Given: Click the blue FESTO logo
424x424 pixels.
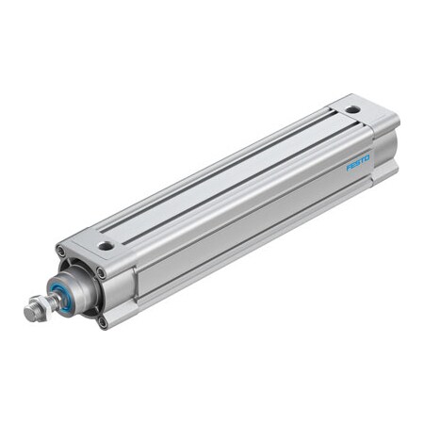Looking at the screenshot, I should tap(359, 159).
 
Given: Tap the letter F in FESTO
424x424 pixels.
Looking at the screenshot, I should tap(350, 166).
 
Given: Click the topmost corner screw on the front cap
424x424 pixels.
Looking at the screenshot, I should tap(62, 251).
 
